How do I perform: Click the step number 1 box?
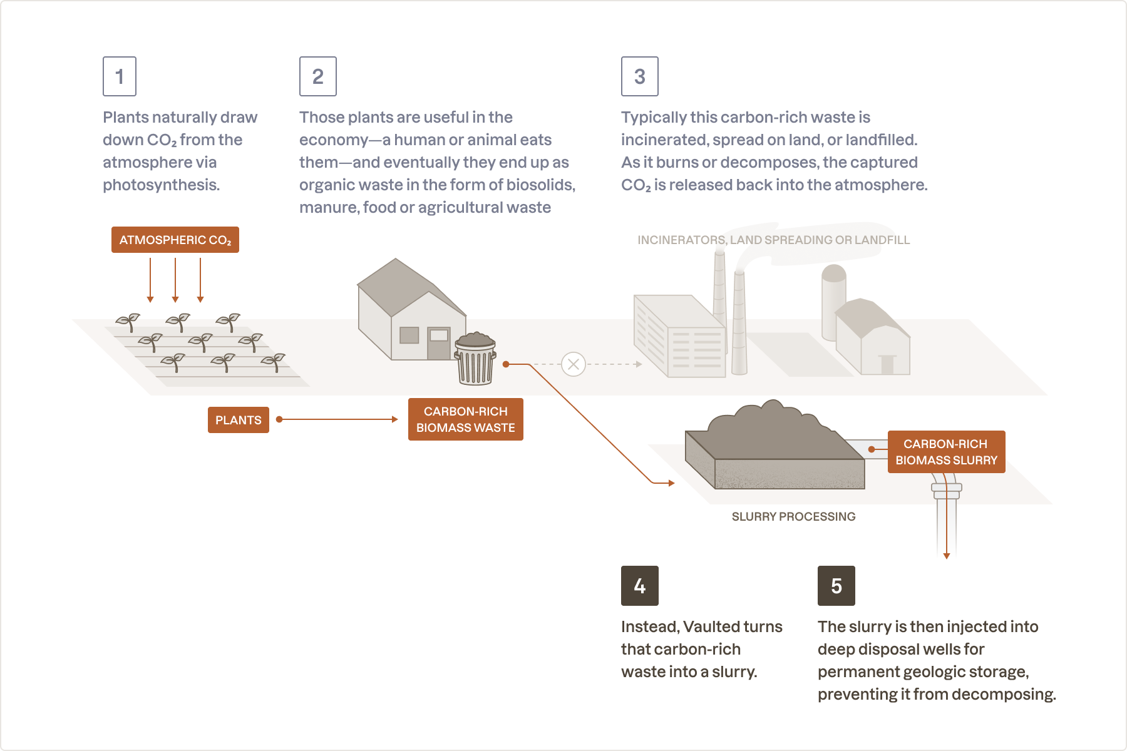point(120,76)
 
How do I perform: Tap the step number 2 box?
point(318,76)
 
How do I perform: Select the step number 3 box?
point(639,76)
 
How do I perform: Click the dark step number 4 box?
point(639,586)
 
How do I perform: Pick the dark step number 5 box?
point(836,586)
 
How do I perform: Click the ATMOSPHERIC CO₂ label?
point(175,240)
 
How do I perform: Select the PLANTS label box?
point(239,420)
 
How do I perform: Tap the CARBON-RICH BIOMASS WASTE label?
point(465,419)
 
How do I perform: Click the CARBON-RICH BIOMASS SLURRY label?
point(946,452)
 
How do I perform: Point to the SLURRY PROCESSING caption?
point(793,516)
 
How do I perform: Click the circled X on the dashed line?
point(573,364)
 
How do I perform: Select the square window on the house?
point(409,335)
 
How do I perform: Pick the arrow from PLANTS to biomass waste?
point(338,419)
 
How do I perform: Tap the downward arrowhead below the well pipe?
point(947,555)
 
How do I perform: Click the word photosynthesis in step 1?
point(160,185)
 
